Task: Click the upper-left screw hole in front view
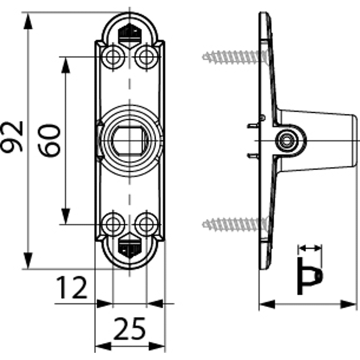(112, 57)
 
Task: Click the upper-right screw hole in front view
(146, 57)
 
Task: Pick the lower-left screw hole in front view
(112, 223)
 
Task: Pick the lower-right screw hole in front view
(146, 223)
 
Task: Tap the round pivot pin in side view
(285, 140)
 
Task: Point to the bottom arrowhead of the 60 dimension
(66, 216)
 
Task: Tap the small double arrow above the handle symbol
(310, 247)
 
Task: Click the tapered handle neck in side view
(324, 140)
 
